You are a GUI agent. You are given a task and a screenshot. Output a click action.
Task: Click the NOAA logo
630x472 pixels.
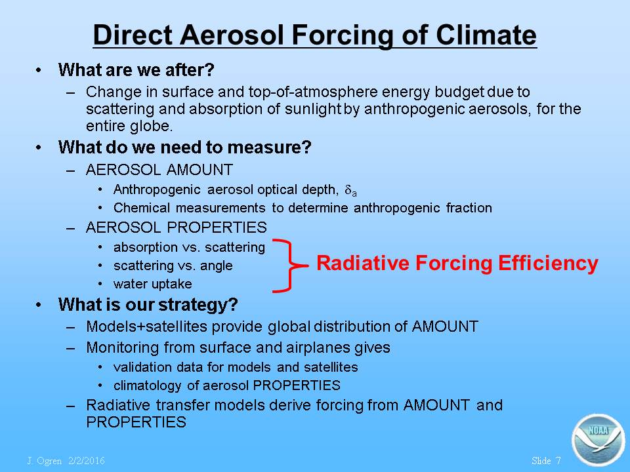coord(598,440)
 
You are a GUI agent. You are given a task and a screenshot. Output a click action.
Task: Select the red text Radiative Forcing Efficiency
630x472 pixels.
coord(457,264)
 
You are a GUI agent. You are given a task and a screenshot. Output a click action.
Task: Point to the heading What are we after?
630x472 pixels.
coord(136,70)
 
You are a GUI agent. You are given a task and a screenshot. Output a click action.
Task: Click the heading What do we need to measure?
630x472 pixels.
coord(185,147)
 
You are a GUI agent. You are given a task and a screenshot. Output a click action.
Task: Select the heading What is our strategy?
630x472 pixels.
coord(148,305)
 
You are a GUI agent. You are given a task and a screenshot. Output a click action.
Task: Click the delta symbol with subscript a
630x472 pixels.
coord(350,190)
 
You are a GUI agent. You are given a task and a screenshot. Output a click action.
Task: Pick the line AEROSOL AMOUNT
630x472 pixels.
coord(159,170)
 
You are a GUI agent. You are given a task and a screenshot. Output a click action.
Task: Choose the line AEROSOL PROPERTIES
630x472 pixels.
coord(176,227)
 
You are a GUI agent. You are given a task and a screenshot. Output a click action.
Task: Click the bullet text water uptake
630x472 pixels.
coord(153,284)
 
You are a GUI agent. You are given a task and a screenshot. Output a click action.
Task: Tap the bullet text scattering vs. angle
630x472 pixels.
coord(173,265)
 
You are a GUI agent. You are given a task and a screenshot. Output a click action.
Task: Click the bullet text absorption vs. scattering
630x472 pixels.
coord(189,247)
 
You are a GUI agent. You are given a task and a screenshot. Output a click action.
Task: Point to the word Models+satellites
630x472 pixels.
coord(146,326)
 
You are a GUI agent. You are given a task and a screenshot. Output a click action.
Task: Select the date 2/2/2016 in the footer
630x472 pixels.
coord(87,461)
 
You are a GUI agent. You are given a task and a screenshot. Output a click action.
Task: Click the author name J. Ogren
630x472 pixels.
coord(44,461)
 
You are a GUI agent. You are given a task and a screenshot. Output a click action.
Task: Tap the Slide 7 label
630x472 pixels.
coord(545,461)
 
